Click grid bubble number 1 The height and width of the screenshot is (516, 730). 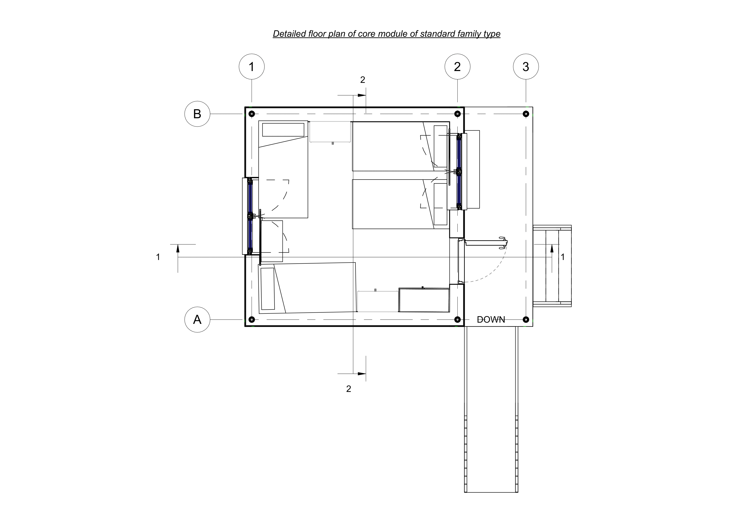pyautogui.click(x=252, y=67)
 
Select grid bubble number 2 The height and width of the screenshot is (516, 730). pyautogui.click(x=457, y=67)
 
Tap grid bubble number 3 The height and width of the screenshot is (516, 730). pyautogui.click(x=526, y=67)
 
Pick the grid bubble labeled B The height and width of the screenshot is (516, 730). pyautogui.click(x=197, y=114)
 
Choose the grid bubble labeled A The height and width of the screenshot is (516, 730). pyautogui.click(x=197, y=319)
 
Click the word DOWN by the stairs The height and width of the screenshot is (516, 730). pyautogui.click(x=491, y=319)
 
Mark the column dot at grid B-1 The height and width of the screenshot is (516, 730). pyautogui.click(x=252, y=114)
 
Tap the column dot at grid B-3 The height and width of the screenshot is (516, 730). pyautogui.click(x=526, y=114)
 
